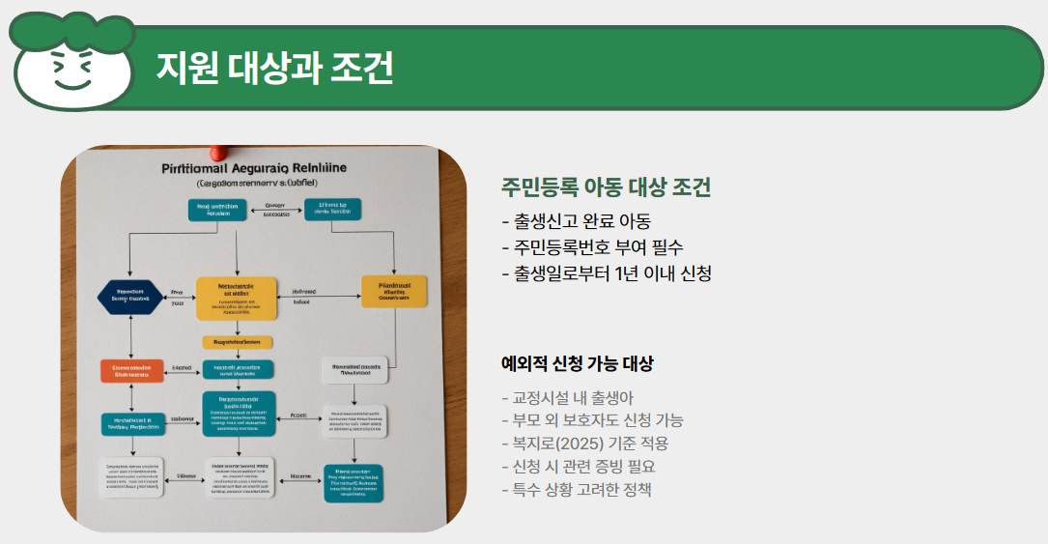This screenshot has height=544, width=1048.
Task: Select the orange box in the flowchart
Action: tap(131, 370)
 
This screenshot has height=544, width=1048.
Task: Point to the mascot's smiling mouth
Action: tap(71, 82)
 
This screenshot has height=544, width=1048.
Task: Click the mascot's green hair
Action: tap(72, 29)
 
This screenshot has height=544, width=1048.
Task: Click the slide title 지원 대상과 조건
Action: tap(274, 68)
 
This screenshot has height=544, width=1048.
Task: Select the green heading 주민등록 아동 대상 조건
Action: tap(606, 187)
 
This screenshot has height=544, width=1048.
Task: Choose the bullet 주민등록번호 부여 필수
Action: tap(592, 246)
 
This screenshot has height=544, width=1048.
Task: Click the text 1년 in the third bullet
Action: tap(629, 273)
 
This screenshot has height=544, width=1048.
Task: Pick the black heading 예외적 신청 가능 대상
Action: tap(577, 364)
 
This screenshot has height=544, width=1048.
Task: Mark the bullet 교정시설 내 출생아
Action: tap(568, 397)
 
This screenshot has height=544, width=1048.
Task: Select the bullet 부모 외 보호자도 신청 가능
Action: tap(592, 420)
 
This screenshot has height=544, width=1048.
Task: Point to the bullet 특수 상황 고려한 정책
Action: tap(577, 490)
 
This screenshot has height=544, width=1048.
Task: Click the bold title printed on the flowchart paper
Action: tap(255, 168)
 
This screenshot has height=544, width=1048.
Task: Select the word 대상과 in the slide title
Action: tap(274, 68)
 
